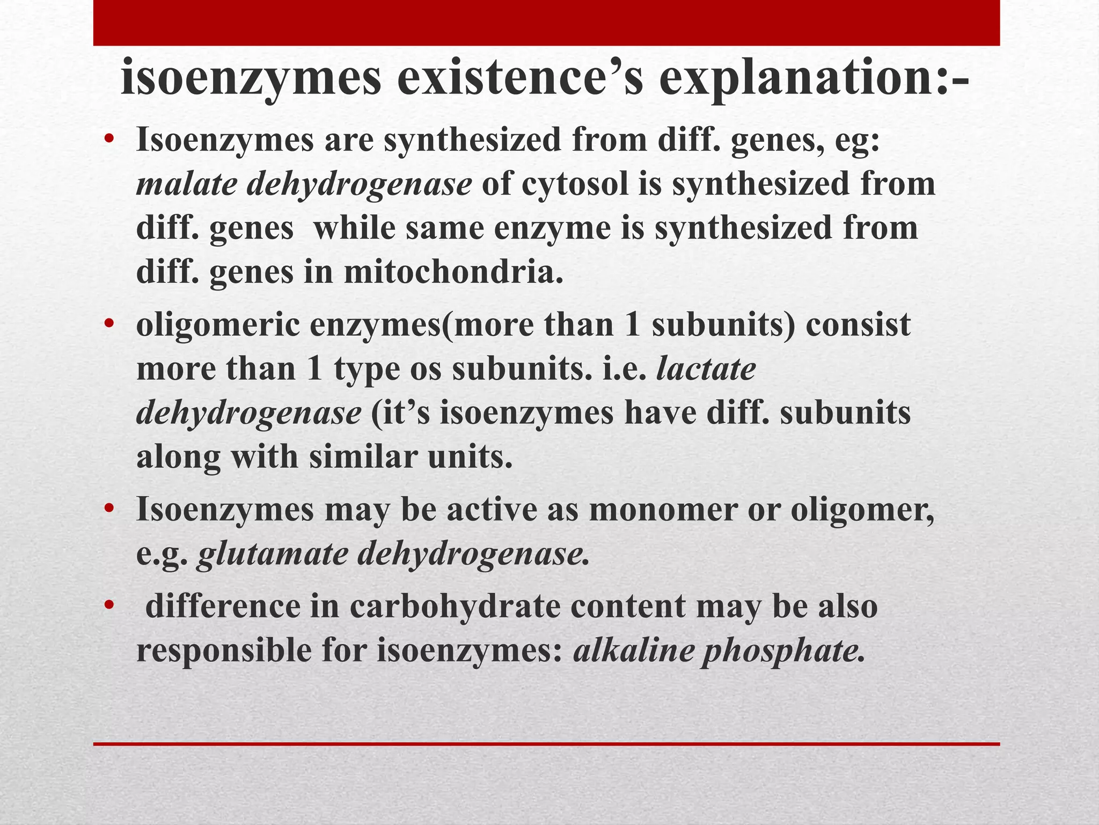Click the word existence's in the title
click(x=520, y=79)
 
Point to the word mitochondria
click(x=453, y=272)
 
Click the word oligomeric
click(x=218, y=325)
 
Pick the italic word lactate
click(x=706, y=369)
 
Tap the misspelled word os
click(x=426, y=370)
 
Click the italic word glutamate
click(x=273, y=554)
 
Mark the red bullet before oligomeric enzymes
click(x=110, y=324)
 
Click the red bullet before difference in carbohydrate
click(x=110, y=606)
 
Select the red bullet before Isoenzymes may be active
click(x=110, y=508)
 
